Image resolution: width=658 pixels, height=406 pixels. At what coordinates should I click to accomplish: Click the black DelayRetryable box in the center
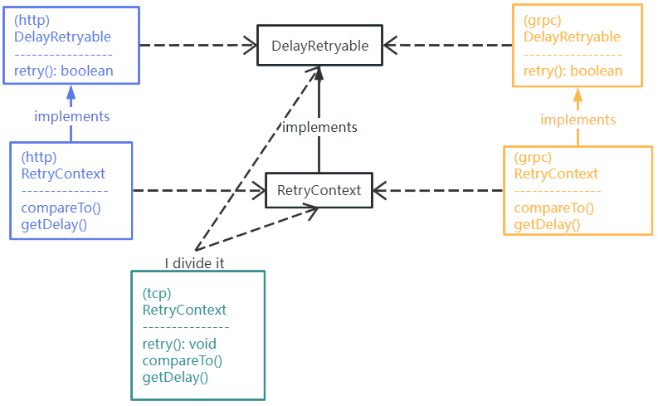click(x=319, y=46)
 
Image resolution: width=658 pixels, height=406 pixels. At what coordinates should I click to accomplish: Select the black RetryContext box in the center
click(x=319, y=190)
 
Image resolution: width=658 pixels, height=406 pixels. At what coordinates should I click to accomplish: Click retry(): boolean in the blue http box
click(x=64, y=71)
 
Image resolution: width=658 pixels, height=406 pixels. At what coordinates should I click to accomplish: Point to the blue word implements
click(x=72, y=116)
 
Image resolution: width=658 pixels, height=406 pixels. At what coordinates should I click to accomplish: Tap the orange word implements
click(x=578, y=120)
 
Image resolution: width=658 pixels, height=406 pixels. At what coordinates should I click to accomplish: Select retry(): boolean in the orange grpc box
click(x=573, y=71)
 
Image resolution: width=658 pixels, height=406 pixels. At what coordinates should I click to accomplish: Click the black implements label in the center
click(x=319, y=127)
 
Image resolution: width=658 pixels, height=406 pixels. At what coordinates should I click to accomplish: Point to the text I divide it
click(x=194, y=263)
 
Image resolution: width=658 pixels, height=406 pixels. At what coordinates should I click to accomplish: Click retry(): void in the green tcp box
click(x=180, y=344)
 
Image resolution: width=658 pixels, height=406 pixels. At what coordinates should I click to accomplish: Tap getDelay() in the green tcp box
click(x=175, y=377)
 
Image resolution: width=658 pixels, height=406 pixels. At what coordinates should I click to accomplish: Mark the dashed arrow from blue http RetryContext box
click(x=199, y=190)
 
